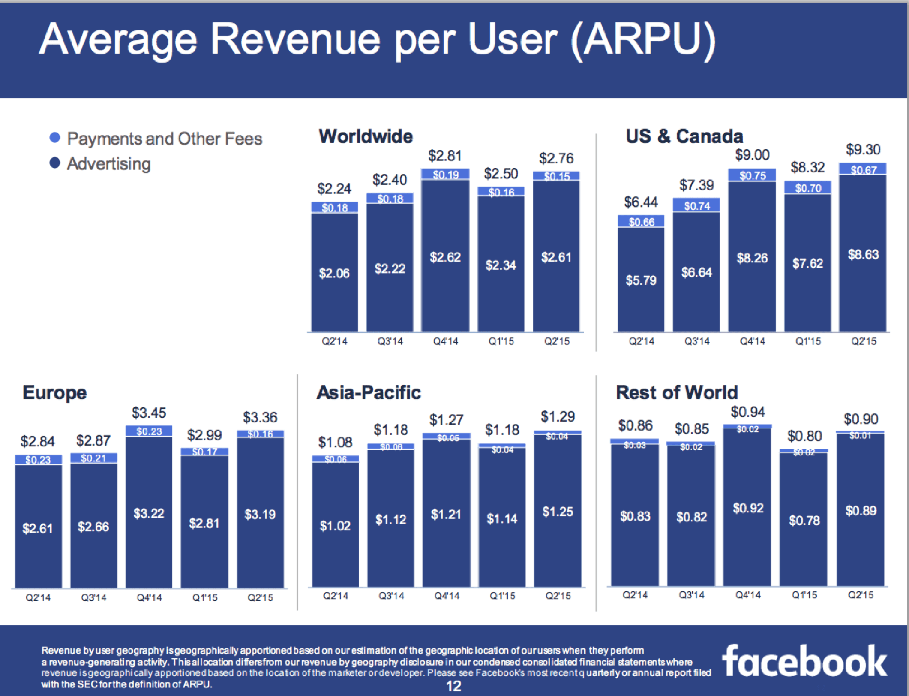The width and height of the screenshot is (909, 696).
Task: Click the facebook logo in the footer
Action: (804, 661)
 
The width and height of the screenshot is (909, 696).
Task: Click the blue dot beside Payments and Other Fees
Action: (55, 138)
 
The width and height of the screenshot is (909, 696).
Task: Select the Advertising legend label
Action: (109, 164)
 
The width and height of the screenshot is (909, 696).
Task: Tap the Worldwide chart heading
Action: (366, 136)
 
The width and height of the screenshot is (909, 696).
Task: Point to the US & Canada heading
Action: (684, 136)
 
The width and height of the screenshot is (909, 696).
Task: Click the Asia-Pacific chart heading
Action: (369, 392)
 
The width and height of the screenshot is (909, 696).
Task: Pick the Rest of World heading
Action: (677, 392)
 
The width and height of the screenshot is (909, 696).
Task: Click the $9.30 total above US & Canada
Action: (863, 149)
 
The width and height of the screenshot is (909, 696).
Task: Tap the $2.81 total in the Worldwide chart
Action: (445, 156)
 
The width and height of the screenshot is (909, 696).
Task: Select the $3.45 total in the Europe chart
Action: (149, 413)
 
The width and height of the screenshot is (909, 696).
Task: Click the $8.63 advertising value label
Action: (863, 255)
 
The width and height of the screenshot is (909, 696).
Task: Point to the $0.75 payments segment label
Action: (752, 175)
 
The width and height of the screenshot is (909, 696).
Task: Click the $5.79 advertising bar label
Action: (641, 280)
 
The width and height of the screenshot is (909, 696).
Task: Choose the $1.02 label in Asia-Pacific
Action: (335, 526)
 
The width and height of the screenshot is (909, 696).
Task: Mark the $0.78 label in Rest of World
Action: (804, 521)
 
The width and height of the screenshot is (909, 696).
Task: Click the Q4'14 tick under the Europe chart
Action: (149, 597)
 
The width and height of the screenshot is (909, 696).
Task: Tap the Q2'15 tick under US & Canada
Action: (864, 341)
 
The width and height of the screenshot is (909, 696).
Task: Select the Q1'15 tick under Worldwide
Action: (501, 341)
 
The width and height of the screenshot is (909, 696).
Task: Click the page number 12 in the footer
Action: (454, 686)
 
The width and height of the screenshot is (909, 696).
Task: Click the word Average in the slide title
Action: (118, 39)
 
